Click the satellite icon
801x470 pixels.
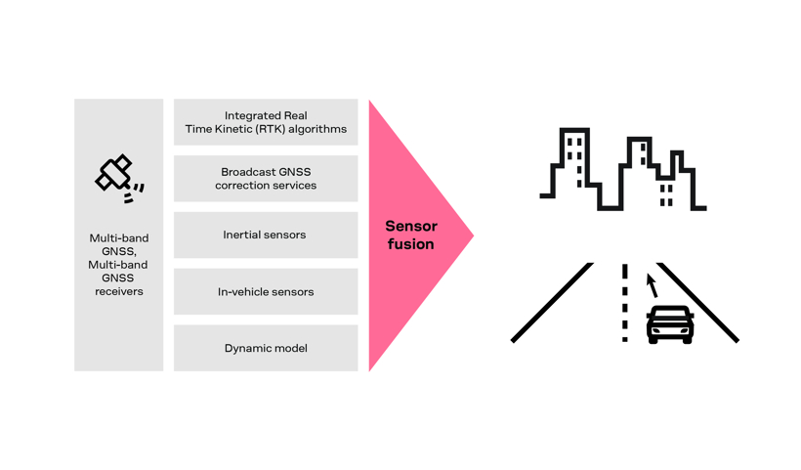[119, 178]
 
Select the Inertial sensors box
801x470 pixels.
[266, 235]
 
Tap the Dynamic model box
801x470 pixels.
[266, 348]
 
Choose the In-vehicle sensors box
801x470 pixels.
[266, 292]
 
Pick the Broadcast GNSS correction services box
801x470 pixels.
[266, 179]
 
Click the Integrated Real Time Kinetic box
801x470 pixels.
[266, 122]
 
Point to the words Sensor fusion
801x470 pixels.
[411, 235]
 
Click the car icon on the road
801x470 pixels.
[670, 324]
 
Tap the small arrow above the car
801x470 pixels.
[652, 285]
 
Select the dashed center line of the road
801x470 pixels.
[625, 303]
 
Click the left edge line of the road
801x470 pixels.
[552, 303]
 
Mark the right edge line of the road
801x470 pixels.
[697, 303]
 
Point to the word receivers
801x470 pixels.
[119, 292]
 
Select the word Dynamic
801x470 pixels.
[243, 349]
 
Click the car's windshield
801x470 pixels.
[670, 314]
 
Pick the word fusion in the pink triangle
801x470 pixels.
[410, 244]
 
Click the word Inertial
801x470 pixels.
[238, 235]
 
